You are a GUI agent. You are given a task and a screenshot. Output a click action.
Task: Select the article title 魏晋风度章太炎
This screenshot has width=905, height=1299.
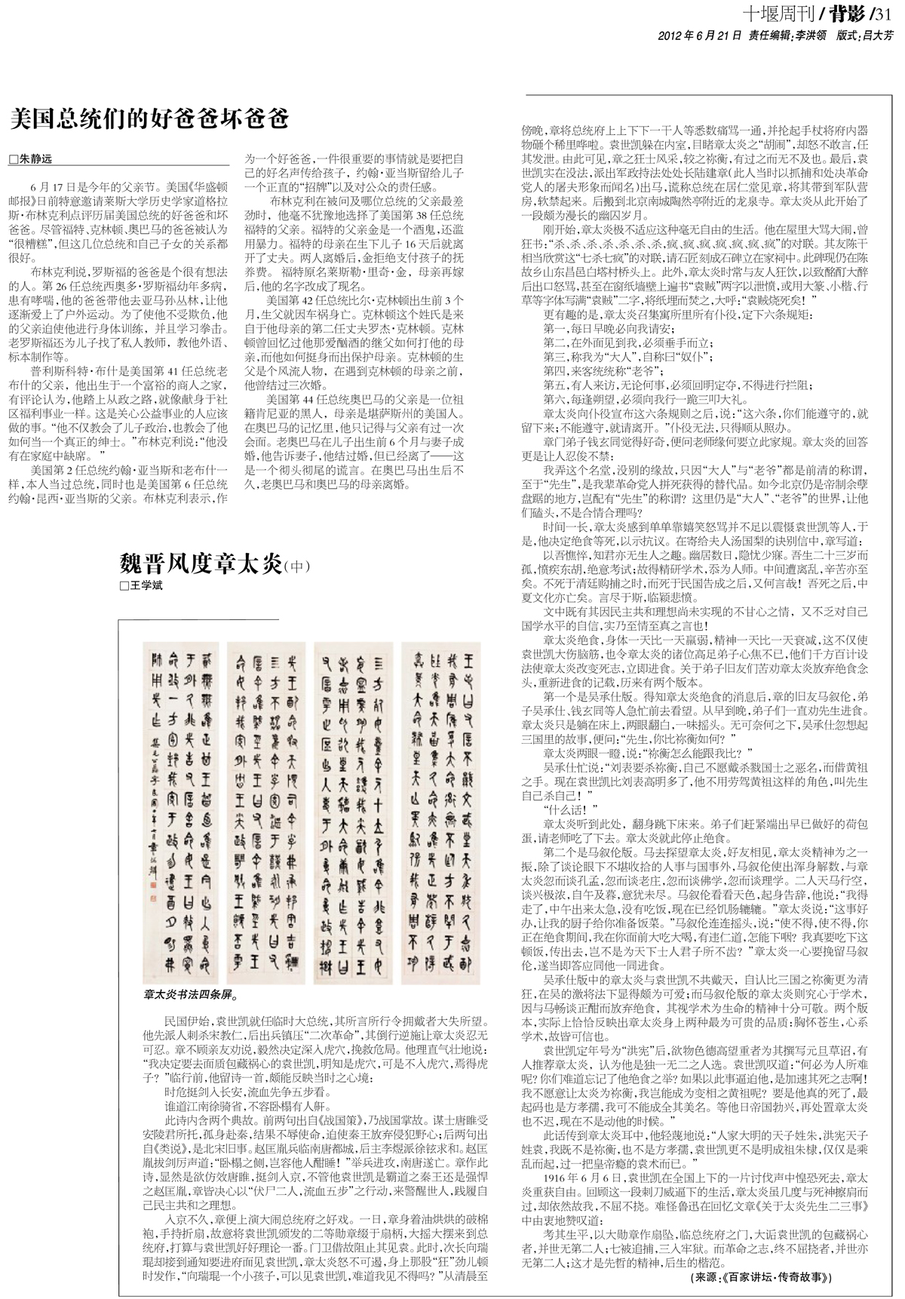pos(200,564)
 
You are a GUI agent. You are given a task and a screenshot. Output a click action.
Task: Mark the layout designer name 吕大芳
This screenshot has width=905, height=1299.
pos(878,35)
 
